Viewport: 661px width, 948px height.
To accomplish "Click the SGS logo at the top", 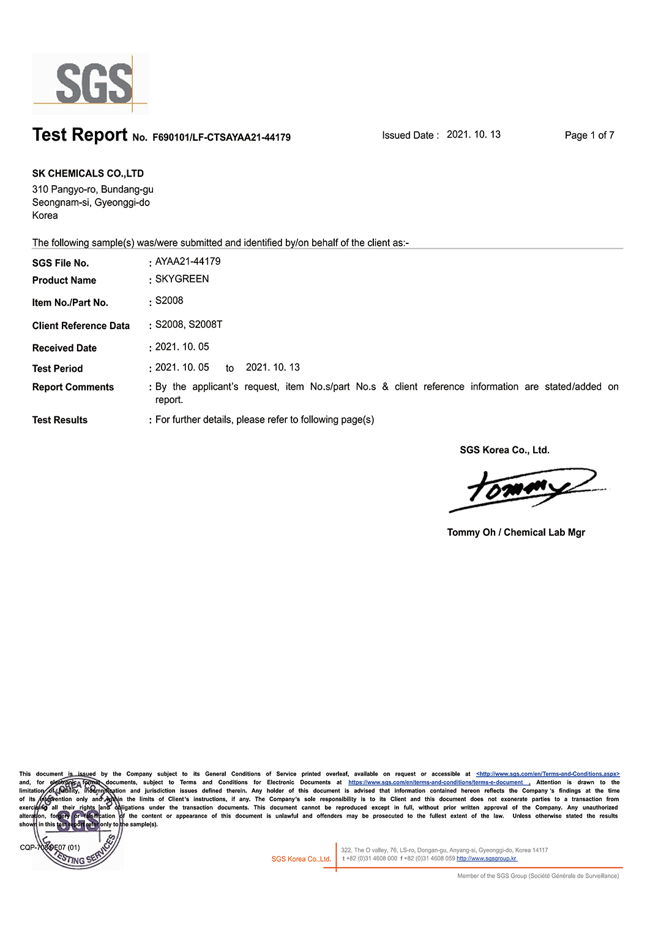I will click(91, 83).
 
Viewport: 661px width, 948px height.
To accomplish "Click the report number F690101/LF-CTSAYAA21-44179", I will click(221, 138).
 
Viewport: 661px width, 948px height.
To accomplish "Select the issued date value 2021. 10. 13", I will click(473, 135).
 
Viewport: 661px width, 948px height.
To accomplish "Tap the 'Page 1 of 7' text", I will click(589, 135).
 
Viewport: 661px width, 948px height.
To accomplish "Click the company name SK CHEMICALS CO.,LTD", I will click(88, 174).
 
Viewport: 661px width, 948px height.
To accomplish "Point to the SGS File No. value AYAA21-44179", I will click(188, 262).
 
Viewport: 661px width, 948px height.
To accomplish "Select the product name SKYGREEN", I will click(182, 279).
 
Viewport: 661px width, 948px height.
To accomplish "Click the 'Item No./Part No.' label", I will click(70, 303).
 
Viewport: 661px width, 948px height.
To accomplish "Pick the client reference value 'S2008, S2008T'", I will click(189, 325).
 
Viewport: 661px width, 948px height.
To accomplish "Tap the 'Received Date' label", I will click(64, 348).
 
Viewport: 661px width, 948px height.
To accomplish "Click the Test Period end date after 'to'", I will click(272, 368).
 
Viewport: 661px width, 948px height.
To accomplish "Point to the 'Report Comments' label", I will click(73, 387).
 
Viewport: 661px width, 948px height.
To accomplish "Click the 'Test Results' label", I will click(60, 420).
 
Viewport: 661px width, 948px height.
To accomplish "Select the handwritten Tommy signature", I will click(526, 490).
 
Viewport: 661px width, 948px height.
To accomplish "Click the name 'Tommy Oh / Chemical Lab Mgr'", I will click(516, 533).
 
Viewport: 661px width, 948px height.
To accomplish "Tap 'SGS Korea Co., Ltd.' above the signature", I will click(504, 450).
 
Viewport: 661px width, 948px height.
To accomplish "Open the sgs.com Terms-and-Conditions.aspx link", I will click(548, 774).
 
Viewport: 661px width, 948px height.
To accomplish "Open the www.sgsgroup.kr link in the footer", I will click(487, 859).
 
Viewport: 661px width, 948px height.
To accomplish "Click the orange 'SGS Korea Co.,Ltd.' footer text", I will click(301, 859).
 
